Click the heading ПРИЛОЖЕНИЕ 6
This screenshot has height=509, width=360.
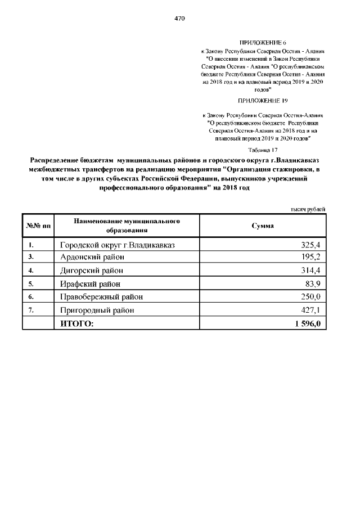pyautogui.click(x=263, y=43)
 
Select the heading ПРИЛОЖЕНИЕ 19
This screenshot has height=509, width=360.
pyautogui.click(x=263, y=101)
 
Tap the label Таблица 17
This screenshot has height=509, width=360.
pyautogui.click(x=263, y=150)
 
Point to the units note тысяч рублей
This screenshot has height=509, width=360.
pyautogui.click(x=308, y=209)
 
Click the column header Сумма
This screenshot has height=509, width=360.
pyautogui.click(x=263, y=226)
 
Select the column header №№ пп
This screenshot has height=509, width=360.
pyautogui.click(x=38, y=226)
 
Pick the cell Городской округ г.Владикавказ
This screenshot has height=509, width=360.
pyautogui.click(x=118, y=245)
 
